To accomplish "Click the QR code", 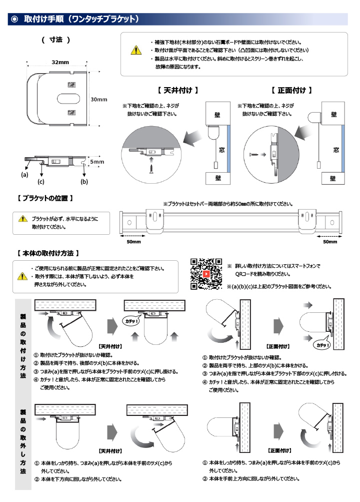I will point(206,274).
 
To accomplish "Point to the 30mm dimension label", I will point(99,99).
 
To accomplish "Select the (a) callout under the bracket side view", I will point(24,175).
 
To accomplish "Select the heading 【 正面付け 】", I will point(291,91).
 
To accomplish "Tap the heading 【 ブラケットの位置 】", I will point(45,198).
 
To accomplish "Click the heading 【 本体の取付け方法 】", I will point(48,253).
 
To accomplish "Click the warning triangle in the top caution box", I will point(135,50).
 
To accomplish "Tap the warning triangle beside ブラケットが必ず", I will point(23,219).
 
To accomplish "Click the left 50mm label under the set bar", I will point(133,242).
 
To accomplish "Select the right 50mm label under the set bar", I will point(330,242).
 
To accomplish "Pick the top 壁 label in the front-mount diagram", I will point(333,115).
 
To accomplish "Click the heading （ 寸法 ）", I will point(55,40).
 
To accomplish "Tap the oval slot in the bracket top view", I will point(66,97).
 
